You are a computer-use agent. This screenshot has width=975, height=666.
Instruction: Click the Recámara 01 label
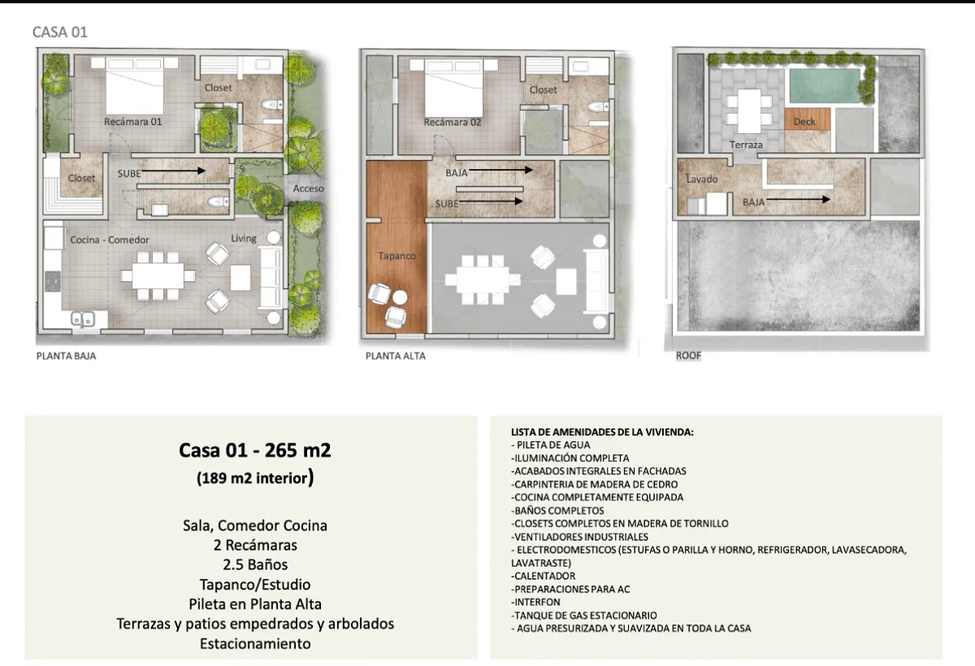point(132,122)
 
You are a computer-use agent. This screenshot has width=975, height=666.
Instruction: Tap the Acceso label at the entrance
point(308,188)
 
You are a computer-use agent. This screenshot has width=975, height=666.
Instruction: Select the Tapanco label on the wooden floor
point(396,256)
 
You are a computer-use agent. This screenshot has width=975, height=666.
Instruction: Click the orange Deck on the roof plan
point(808,119)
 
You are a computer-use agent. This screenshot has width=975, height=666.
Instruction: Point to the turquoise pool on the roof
point(825,86)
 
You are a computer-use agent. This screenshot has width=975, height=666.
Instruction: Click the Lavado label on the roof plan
point(702,179)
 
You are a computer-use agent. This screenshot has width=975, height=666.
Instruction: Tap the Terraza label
point(746,145)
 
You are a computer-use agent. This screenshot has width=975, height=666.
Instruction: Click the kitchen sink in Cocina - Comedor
point(83,320)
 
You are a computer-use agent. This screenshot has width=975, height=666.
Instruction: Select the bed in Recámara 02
point(454,89)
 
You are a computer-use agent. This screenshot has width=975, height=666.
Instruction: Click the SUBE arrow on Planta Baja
point(173,171)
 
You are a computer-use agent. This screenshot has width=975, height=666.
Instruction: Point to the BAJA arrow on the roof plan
point(798,200)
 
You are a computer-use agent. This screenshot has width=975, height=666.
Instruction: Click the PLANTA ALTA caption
point(395,356)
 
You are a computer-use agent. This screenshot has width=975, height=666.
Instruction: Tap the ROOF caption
point(688,356)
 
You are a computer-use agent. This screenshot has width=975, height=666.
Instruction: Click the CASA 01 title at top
point(60,32)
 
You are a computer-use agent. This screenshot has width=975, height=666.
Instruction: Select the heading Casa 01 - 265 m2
point(255,450)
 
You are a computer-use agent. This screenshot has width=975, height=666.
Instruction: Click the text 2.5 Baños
point(255,564)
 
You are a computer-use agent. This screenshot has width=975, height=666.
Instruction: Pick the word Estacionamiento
point(255,644)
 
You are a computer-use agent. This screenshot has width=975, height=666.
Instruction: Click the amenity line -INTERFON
point(535,602)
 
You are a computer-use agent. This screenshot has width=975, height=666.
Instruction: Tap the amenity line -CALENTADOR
point(544,576)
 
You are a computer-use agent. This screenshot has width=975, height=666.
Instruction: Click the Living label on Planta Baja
point(243,239)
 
